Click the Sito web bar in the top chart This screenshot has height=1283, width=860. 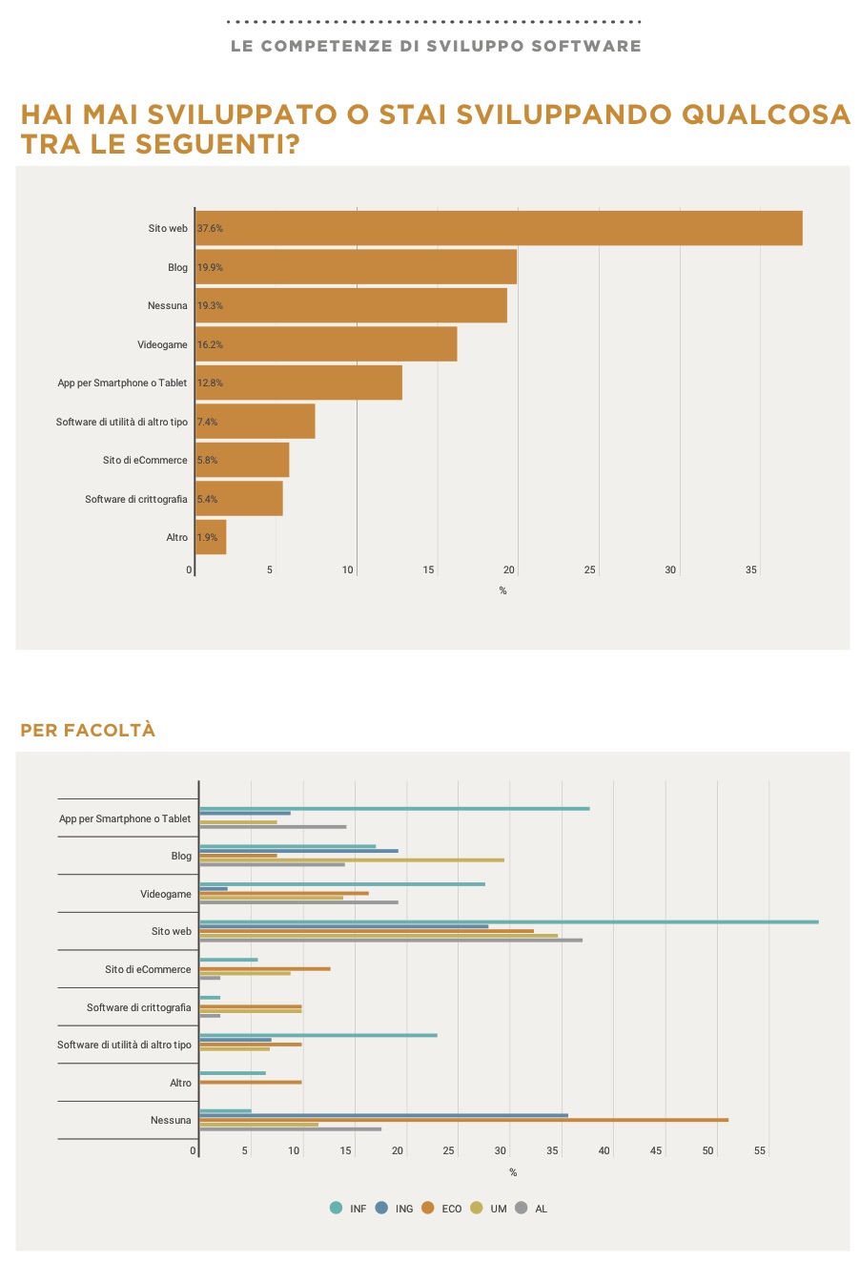pyautogui.click(x=498, y=228)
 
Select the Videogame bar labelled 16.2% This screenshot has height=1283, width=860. pyautogui.click(x=326, y=344)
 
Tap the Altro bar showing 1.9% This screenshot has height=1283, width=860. pyautogui.click(x=211, y=537)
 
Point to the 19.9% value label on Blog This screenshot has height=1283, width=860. pyautogui.click(x=210, y=268)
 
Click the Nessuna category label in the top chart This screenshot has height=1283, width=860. pyautogui.click(x=167, y=306)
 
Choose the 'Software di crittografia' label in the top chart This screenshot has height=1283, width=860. pyautogui.click(x=135, y=499)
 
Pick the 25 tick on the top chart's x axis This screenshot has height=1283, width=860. pyautogui.click(x=589, y=570)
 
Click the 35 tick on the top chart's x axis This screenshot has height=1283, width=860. pyautogui.click(x=751, y=570)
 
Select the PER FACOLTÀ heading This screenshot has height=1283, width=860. pyautogui.click(x=88, y=731)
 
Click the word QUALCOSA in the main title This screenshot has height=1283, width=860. pyautogui.click(x=766, y=115)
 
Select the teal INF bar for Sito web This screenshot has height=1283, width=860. pyautogui.click(x=508, y=921)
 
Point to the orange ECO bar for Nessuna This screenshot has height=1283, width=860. pyautogui.click(x=463, y=1120)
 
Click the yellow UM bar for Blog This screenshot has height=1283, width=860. pyautogui.click(x=351, y=860)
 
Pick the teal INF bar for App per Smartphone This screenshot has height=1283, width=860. pyautogui.click(x=394, y=809)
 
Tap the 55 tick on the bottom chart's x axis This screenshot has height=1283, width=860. pyautogui.click(x=760, y=1151)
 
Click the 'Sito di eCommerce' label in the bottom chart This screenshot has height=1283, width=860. pyautogui.click(x=148, y=970)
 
